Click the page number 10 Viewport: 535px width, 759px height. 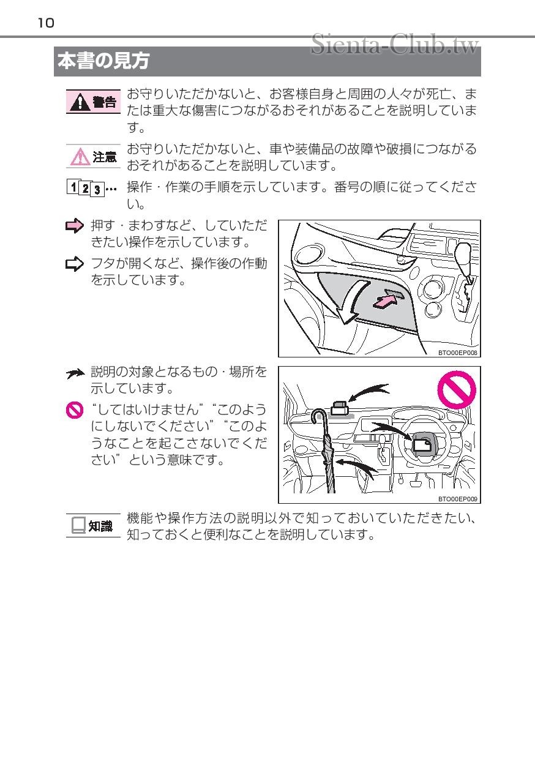(x=46, y=23)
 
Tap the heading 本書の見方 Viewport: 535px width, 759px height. (x=103, y=61)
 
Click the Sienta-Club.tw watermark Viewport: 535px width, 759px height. (x=395, y=44)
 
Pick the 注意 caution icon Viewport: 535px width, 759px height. (x=92, y=157)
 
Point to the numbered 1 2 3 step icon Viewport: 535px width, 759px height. (x=91, y=188)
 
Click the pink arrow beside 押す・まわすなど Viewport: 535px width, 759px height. (x=75, y=226)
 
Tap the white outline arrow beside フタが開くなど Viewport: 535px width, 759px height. (x=75, y=264)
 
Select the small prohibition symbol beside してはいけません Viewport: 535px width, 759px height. (x=75, y=410)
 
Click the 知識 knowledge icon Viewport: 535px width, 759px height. (x=92, y=525)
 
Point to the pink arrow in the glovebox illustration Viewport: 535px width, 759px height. (x=384, y=301)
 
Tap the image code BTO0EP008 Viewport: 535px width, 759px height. (x=457, y=353)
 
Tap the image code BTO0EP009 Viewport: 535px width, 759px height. (x=457, y=499)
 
